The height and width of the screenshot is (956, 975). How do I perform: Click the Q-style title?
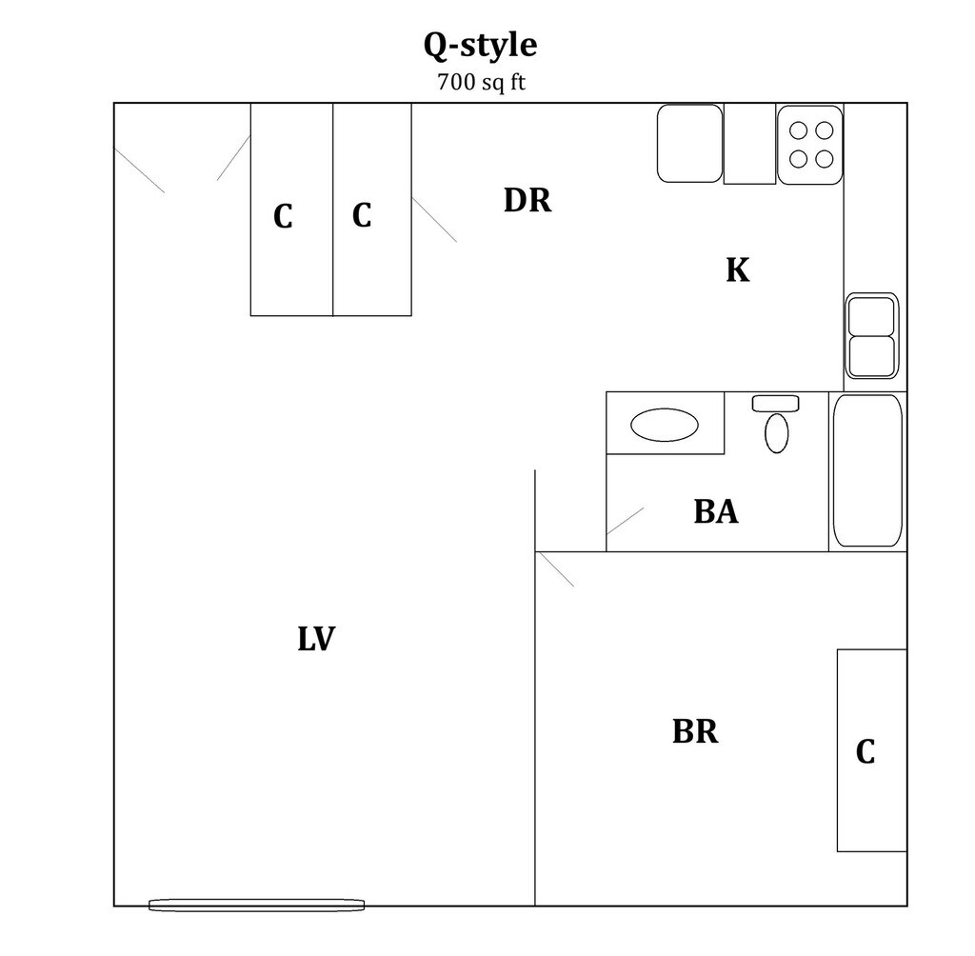point(481,46)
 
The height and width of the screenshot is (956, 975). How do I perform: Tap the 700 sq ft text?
point(481,82)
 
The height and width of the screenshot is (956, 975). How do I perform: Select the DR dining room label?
point(527,201)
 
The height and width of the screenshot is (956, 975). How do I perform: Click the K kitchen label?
point(737,270)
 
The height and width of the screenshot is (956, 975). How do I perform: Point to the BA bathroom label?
point(715,511)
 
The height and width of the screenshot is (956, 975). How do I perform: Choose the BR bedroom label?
point(695,732)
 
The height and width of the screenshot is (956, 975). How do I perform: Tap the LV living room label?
point(316,639)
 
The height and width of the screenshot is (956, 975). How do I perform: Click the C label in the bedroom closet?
point(865,752)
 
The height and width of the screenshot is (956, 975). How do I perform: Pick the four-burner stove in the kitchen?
point(810,144)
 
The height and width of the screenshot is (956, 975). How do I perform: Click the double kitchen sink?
point(872,334)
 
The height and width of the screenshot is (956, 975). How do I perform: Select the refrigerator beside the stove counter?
point(689,143)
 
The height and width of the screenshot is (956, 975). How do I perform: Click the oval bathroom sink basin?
point(664,425)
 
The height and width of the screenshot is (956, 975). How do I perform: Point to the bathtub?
point(867,470)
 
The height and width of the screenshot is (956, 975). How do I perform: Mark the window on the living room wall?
point(257,905)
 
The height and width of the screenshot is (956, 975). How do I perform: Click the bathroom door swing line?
point(626,521)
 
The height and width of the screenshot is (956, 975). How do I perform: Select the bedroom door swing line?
point(555,569)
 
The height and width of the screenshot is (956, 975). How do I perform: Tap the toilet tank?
point(775,404)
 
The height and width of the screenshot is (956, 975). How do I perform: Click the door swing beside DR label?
point(434,220)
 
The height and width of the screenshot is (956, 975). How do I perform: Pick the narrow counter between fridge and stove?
point(749,144)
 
